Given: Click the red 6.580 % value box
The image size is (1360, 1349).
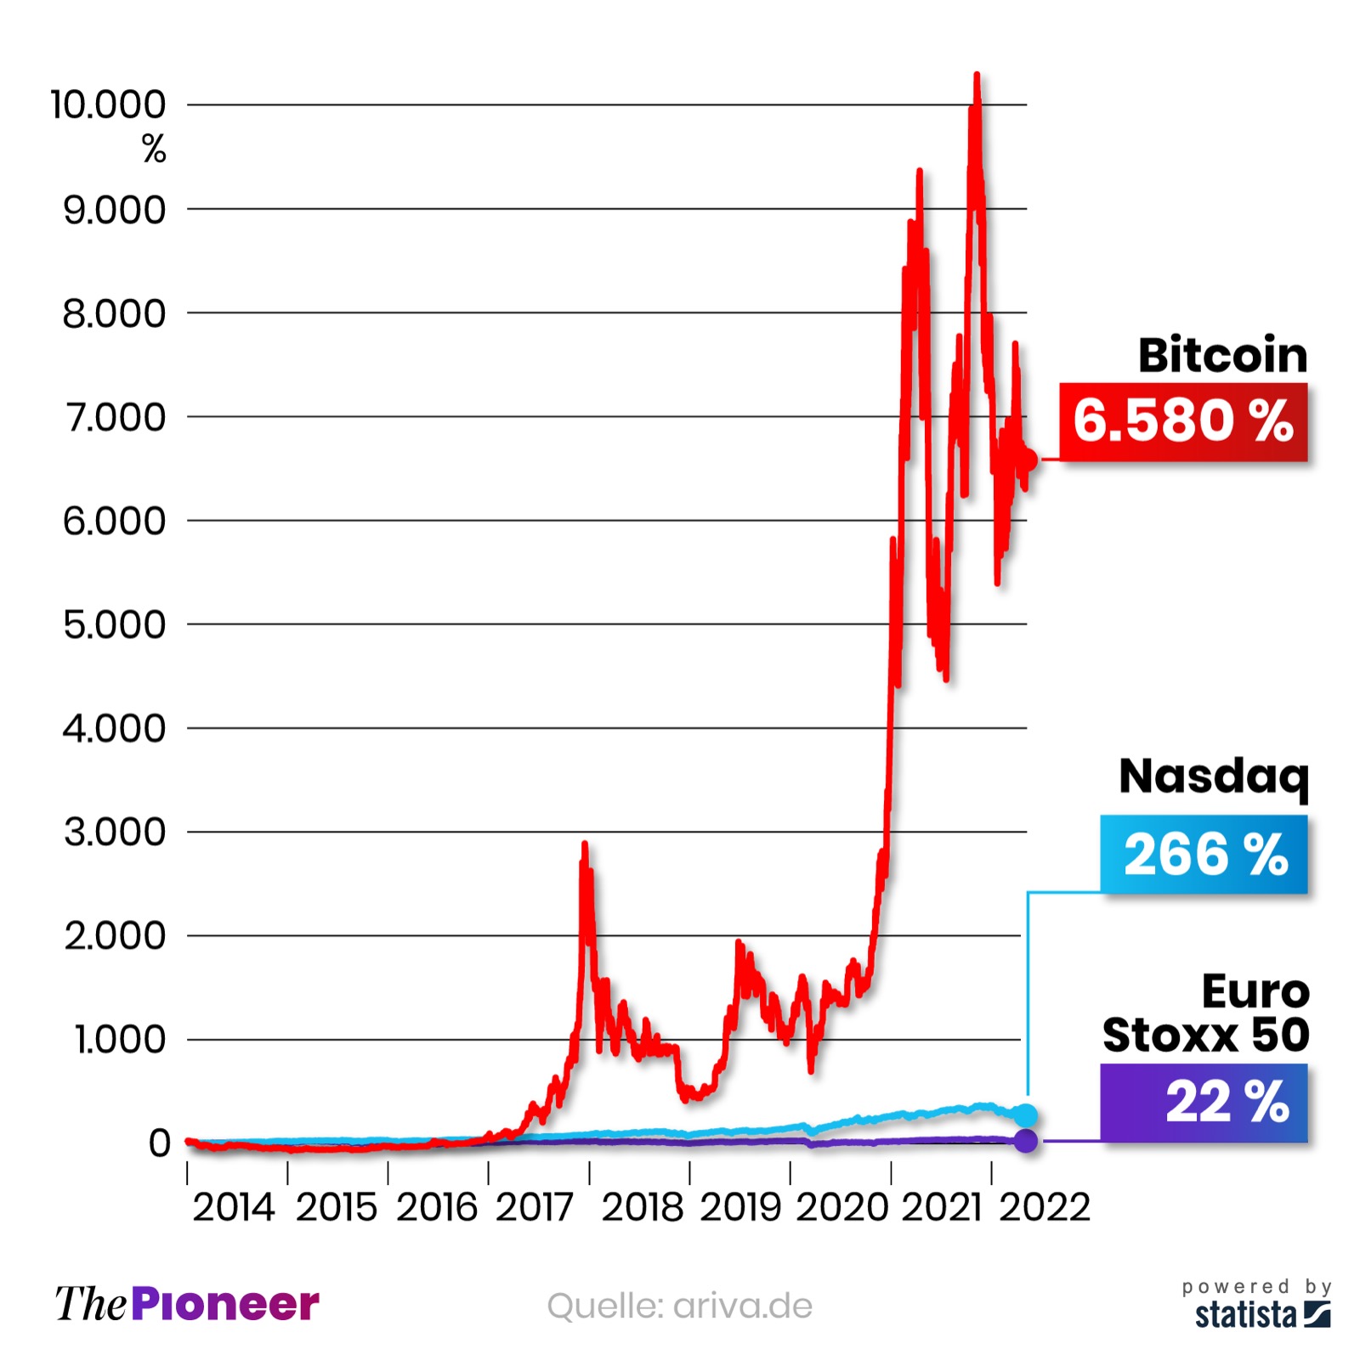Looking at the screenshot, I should point(1182,421).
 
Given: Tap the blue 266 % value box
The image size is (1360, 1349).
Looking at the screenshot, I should point(1204,853).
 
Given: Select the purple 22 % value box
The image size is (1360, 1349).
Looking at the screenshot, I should point(1204,1102).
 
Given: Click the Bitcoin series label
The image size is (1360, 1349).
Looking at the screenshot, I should point(1221,355).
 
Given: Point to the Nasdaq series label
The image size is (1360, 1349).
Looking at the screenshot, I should point(1213,776).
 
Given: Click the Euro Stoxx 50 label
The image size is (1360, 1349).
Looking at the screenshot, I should point(1206,1013).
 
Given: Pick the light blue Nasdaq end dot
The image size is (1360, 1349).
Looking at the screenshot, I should point(1026,1115).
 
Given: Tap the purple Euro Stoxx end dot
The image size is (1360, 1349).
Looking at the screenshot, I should point(1026,1140).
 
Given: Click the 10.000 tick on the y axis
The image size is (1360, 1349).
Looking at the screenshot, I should point(108,105).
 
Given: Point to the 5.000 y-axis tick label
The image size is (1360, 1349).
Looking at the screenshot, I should point(114,624).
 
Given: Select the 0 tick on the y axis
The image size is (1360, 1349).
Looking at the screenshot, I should point(159,1143).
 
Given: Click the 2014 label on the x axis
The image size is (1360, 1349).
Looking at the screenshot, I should point(234,1207).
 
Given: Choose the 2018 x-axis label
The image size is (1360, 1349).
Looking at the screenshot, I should point(642,1207).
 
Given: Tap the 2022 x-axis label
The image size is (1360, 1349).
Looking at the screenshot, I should point(1044,1207).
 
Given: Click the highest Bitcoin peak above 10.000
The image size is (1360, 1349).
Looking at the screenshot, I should point(977,76).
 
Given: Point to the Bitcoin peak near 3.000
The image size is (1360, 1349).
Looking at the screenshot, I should point(584,845).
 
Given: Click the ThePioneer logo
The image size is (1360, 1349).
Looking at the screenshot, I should point(187,1304).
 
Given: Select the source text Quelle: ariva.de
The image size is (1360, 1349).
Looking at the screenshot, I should point(679,1306).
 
